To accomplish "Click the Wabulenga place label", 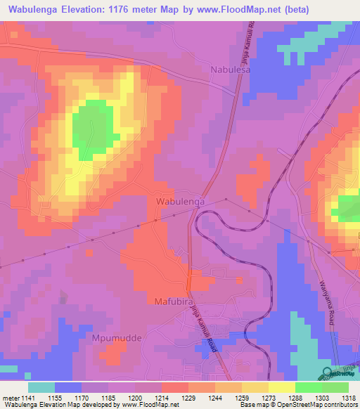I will point(179,201).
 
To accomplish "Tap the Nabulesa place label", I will point(231,70).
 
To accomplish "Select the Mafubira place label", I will point(174,301).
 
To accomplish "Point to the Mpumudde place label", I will point(117,338).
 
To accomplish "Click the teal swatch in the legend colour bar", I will point(41,387).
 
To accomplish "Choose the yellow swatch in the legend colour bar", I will point(281,387).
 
